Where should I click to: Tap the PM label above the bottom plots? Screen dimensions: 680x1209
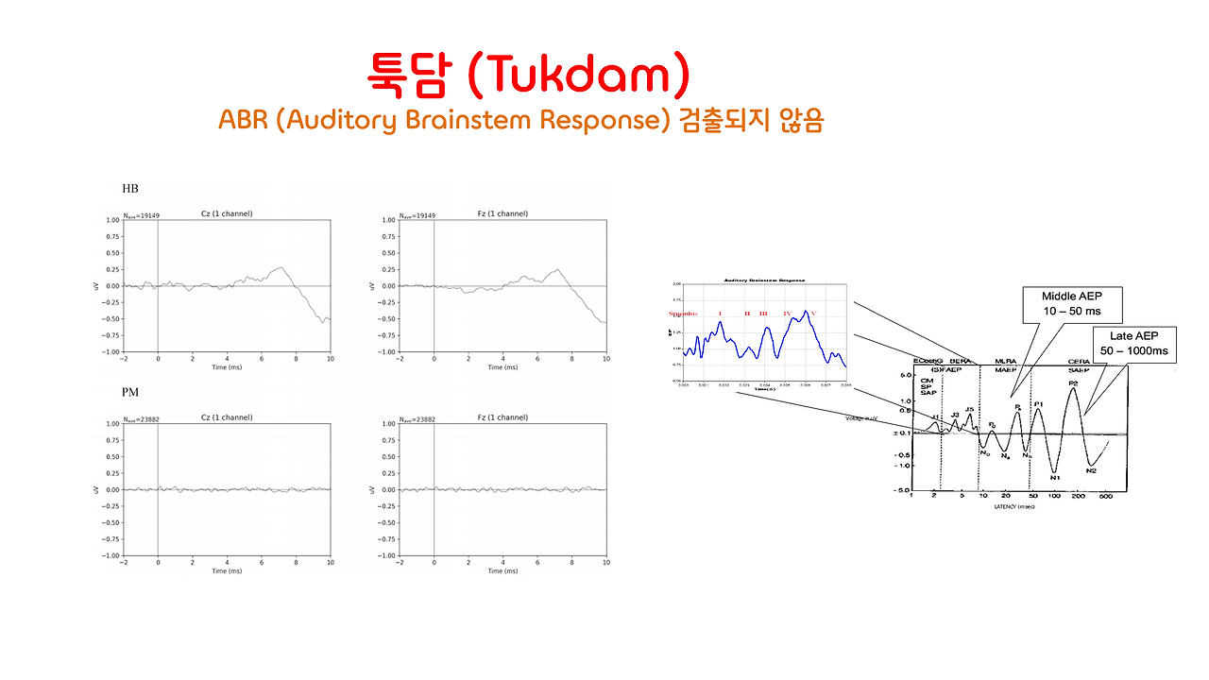coord(131,392)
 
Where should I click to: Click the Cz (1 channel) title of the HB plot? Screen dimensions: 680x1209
coord(227,213)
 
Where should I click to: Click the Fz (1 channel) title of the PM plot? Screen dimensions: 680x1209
coord(502,417)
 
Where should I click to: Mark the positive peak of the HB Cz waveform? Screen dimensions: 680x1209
coord(281,268)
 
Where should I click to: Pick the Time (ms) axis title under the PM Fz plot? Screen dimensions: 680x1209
coord(502,570)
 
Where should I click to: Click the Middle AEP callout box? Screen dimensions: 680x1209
coord(1071,303)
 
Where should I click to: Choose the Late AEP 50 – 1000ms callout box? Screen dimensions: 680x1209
coord(1133,343)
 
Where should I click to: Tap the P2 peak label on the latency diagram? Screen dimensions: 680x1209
coord(1073,383)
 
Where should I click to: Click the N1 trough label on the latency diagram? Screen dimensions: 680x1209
coord(1055,477)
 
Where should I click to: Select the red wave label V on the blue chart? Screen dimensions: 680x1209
coord(812,314)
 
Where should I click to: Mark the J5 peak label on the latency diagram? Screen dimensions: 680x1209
coord(969,409)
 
